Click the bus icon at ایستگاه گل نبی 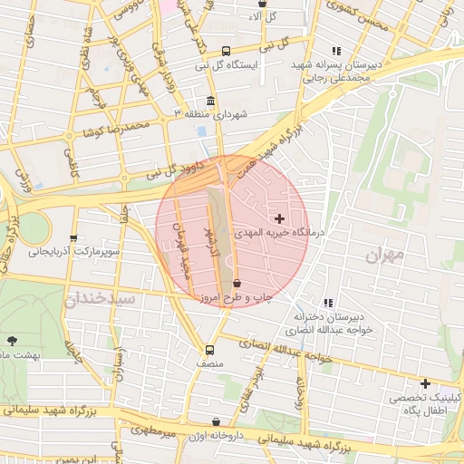click(226, 53)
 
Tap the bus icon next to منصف click(210, 350)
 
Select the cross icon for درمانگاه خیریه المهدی click(278, 218)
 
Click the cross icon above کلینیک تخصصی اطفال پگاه click(424, 383)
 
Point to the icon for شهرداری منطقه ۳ click(210, 101)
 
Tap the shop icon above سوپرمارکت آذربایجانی click(74, 237)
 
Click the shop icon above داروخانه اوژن click(216, 421)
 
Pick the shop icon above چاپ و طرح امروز click(237, 284)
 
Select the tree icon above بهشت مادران click(11, 341)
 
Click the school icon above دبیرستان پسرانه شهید click(336, 52)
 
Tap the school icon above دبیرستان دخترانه click(327, 304)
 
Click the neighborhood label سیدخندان click(100, 297)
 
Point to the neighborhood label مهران click(384, 256)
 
